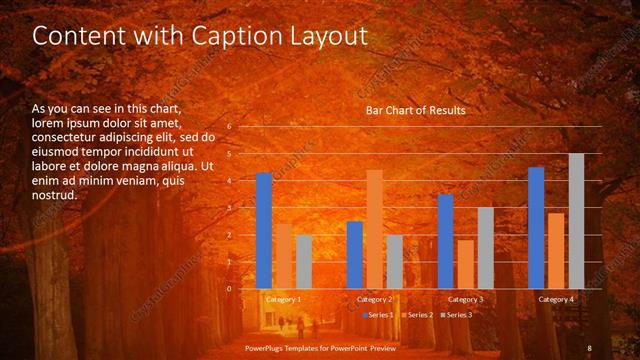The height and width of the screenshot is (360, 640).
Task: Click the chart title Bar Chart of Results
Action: click(x=415, y=110)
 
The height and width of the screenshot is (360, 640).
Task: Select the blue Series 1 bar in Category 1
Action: click(x=264, y=231)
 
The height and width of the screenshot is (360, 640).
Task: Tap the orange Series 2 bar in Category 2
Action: click(x=374, y=229)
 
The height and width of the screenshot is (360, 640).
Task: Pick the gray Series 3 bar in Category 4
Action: click(x=576, y=221)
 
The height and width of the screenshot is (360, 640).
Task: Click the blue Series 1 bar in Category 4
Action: click(x=536, y=228)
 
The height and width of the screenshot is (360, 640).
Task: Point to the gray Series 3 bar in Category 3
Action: click(x=485, y=248)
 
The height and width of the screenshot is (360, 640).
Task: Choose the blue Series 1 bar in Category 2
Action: click(x=355, y=255)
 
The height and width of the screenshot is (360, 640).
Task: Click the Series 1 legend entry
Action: click(x=379, y=315)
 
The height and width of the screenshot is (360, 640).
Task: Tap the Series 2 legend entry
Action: click(x=418, y=315)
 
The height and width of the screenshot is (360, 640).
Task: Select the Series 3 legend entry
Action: click(x=457, y=315)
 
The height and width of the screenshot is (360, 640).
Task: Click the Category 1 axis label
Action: click(x=283, y=299)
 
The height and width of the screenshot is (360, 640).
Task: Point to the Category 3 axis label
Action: click(x=465, y=299)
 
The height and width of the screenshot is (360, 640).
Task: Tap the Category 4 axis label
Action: click(x=555, y=299)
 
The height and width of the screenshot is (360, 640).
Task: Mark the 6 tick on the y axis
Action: click(x=229, y=127)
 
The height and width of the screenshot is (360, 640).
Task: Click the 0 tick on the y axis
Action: click(x=229, y=289)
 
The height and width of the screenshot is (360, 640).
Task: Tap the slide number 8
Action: click(x=589, y=347)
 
